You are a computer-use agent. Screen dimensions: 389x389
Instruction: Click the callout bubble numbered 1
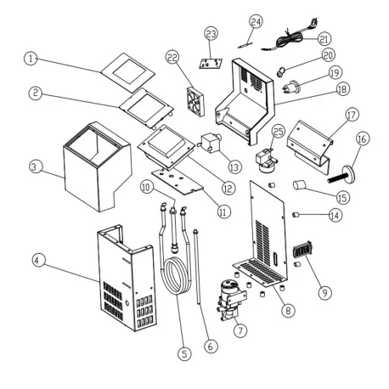click(31, 59)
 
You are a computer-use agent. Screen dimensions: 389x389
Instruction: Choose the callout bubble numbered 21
click(324, 39)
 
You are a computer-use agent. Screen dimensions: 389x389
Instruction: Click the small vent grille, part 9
click(302, 252)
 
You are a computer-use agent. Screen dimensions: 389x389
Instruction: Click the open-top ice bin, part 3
click(93, 166)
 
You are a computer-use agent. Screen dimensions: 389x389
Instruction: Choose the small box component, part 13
click(210, 142)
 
